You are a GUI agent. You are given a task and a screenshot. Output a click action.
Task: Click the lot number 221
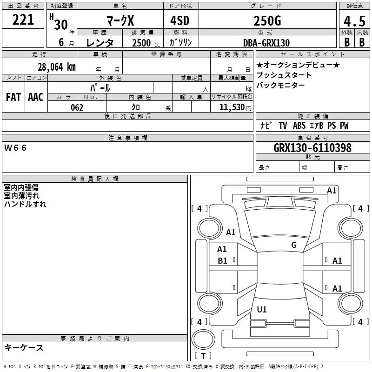pos(23,20)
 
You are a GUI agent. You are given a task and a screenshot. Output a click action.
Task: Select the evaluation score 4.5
pos(354,21)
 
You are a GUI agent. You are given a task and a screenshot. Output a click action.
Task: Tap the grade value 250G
pos(267,21)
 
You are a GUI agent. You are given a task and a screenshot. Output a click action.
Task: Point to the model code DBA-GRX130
pos(266,43)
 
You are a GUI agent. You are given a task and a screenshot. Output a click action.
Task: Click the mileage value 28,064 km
pos(57,67)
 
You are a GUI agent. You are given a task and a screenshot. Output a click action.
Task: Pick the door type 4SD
pos(180,20)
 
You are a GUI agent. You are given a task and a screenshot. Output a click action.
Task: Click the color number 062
pos(77,108)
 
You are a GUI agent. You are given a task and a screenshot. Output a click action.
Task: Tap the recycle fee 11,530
pos(232,107)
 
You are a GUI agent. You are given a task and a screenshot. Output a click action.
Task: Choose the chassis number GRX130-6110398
pos(312,148)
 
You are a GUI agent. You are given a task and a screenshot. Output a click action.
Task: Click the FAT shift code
pos(13,97)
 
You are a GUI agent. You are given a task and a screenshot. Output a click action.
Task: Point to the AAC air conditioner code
pos(36,97)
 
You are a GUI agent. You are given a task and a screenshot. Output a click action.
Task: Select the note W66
pos(15,148)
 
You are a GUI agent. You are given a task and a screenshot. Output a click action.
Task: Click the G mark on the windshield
pos(294,245)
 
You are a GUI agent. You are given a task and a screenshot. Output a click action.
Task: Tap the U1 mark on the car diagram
pos(262,309)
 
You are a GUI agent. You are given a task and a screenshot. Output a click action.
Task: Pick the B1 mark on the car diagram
pos(222,261)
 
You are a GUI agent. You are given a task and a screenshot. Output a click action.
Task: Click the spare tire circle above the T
pos(203,340)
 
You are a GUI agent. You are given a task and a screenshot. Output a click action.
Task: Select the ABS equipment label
pos(299,126)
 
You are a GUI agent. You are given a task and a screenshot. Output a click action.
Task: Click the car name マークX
pos(120,21)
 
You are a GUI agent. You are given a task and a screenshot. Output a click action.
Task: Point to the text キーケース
pos(24,347)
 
